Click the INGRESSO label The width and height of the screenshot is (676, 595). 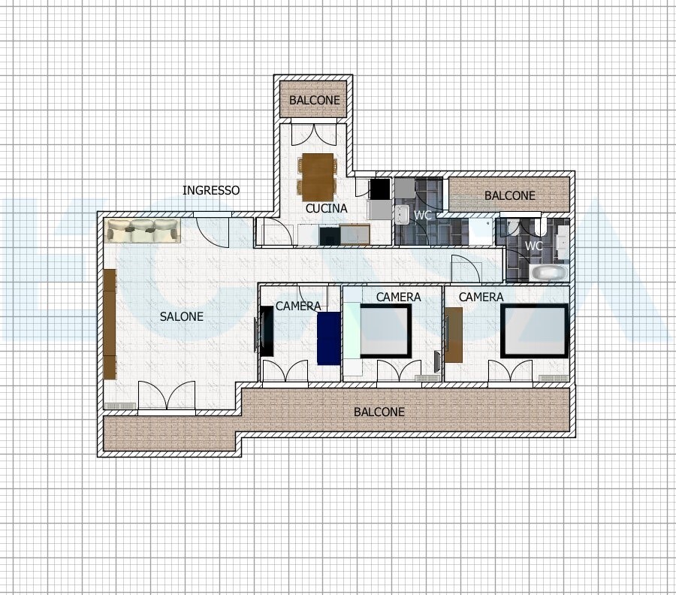click(x=211, y=190)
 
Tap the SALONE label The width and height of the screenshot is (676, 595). click(x=182, y=316)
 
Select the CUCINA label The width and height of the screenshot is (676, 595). click(x=327, y=208)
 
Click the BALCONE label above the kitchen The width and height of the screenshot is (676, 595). click(x=314, y=100)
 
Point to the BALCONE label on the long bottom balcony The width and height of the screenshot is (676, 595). click(x=379, y=412)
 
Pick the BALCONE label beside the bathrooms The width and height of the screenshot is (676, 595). click(x=509, y=195)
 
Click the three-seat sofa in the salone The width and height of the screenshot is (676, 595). click(x=142, y=231)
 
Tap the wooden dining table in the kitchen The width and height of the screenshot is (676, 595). click(x=318, y=177)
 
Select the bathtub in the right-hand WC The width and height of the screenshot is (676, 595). click(x=548, y=273)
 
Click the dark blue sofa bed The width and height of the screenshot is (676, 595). click(x=328, y=339)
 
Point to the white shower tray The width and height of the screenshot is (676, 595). click(x=481, y=231)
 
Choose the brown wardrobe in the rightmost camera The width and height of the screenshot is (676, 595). click(x=454, y=334)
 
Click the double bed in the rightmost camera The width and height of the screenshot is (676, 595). click(x=535, y=331)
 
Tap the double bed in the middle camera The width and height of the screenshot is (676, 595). click(x=385, y=331)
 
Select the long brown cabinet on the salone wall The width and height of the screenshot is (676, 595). click(x=110, y=325)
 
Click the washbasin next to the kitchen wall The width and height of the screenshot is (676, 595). click(x=402, y=214)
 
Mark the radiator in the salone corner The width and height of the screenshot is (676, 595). click(x=121, y=406)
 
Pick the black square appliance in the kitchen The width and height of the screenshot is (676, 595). click(x=380, y=189)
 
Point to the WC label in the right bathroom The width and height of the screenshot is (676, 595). click(x=534, y=246)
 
